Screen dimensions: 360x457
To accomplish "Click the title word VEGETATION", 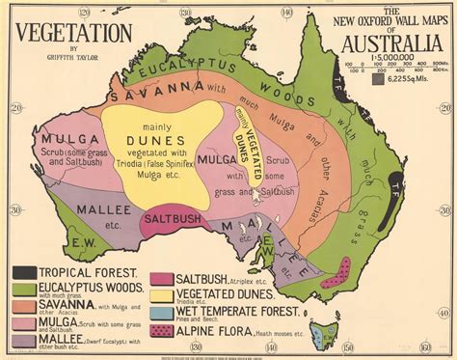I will (70, 30).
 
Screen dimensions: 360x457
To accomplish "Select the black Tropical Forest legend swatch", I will (22, 274).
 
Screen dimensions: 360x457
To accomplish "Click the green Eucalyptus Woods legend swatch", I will (22, 290).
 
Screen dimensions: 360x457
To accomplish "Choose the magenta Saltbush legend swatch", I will (162, 280).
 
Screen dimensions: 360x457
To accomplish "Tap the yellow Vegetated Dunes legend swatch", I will (162, 296).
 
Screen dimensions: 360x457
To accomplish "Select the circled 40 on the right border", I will (445, 280).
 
